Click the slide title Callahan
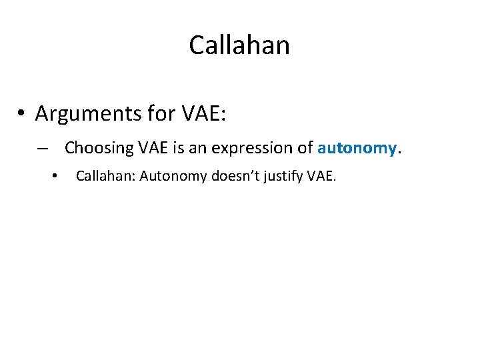click(x=239, y=45)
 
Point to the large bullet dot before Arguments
click(x=22, y=114)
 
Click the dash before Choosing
click(x=43, y=147)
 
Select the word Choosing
click(x=99, y=147)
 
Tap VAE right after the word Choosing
click(x=154, y=147)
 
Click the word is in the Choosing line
click(x=179, y=147)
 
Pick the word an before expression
click(x=197, y=147)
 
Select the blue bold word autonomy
click(x=357, y=148)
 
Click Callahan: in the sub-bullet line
click(x=105, y=177)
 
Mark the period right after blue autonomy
click(x=399, y=151)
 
